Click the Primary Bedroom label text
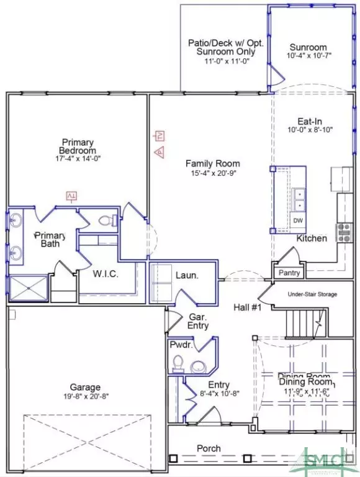click(x=78, y=146)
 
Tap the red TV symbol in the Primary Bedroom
click(x=71, y=197)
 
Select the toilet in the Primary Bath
click(x=106, y=220)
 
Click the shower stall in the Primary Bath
click(x=28, y=288)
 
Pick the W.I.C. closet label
click(x=106, y=273)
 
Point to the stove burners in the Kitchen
click(x=343, y=232)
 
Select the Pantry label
click(x=289, y=273)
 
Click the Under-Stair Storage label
click(x=312, y=294)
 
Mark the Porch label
click(x=209, y=448)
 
